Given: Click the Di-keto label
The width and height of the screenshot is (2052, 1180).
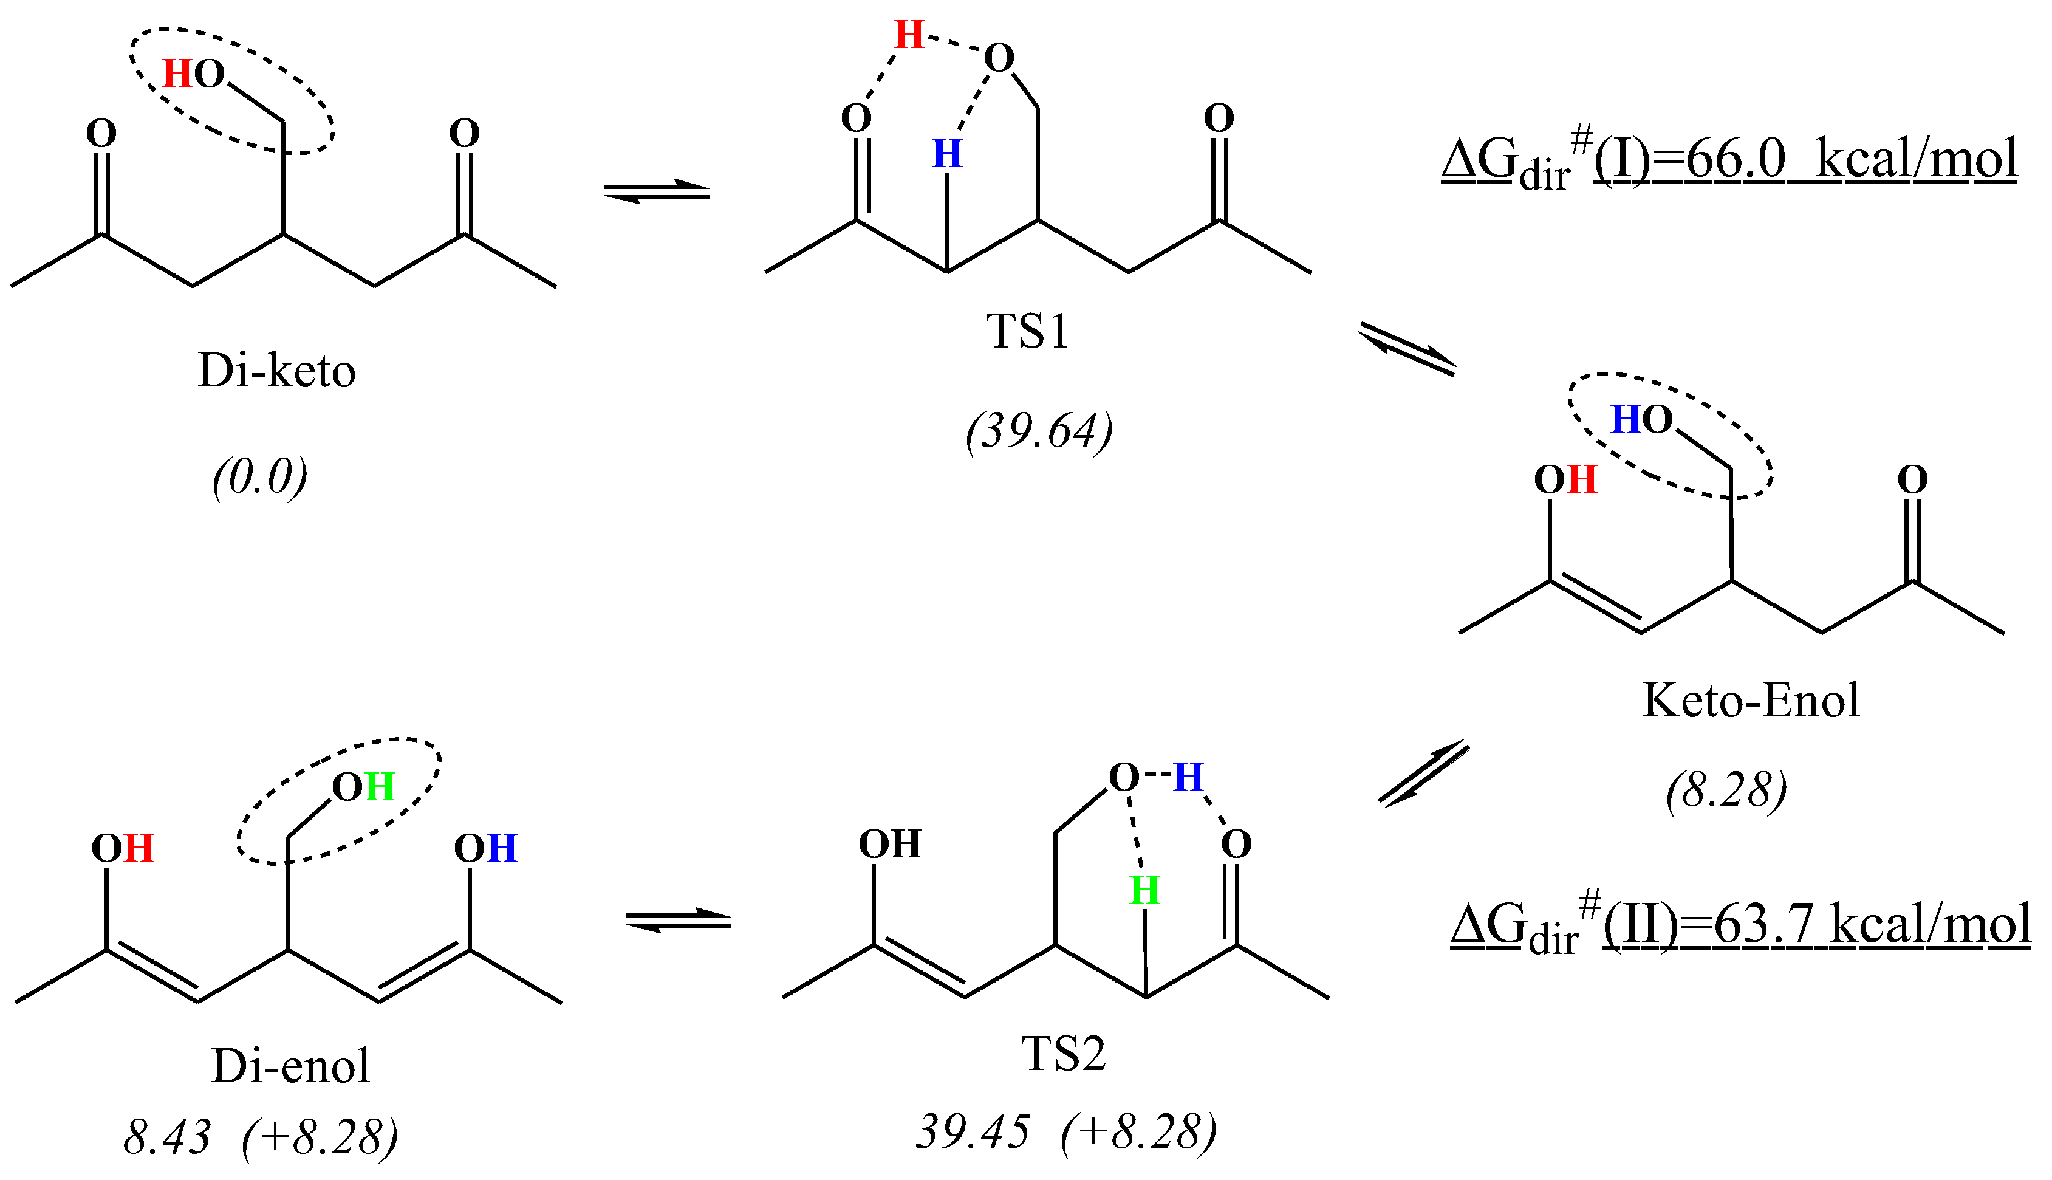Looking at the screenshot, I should [x=276, y=371].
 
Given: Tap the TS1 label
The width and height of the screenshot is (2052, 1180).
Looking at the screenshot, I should [x=1027, y=332].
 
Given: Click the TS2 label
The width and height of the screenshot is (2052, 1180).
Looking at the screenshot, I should [x=1064, y=1054].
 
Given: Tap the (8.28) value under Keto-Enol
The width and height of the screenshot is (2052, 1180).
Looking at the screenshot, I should [x=1726, y=789].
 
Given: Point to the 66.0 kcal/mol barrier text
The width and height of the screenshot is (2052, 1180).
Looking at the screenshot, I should [x=1729, y=159].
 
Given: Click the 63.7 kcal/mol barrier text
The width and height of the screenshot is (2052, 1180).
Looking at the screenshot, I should [x=1740, y=925].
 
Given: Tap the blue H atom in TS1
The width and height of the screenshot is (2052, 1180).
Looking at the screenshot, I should [x=947, y=154].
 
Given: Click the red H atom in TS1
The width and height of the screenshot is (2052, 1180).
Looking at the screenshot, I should [x=909, y=35].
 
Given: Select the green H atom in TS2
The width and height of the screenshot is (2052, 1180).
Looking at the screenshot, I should [x=1144, y=891].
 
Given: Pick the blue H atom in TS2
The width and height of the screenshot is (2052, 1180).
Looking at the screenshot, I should [x=1188, y=777].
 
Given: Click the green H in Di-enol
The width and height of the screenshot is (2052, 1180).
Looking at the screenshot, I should [x=379, y=787].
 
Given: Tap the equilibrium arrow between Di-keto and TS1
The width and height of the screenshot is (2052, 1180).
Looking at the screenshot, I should [x=657, y=192].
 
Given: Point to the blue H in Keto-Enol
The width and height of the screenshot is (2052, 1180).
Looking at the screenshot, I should [x=1625, y=420].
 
